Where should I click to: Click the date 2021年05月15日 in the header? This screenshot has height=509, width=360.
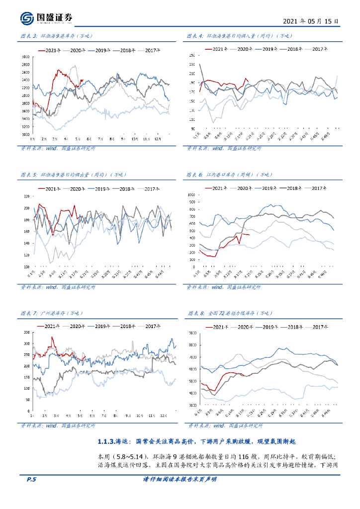[311, 22]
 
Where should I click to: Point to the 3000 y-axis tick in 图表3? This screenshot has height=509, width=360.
[25, 57]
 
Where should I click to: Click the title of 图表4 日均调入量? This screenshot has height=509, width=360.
[233, 36]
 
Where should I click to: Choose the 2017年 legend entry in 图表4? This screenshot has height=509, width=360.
[318, 49]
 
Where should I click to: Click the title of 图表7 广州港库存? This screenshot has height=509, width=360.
[52, 314]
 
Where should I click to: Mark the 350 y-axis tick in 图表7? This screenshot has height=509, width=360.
[26, 332]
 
